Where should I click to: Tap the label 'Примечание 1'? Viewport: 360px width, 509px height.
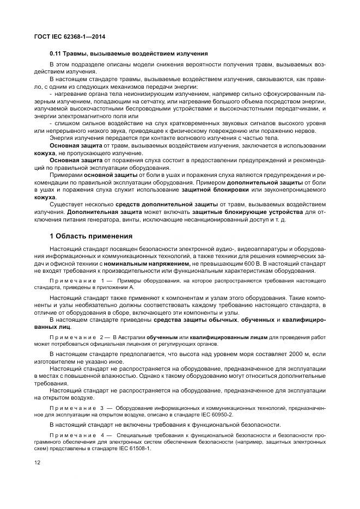74,280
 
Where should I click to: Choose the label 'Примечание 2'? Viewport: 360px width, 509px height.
74,338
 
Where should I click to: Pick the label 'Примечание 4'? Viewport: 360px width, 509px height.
74,434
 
